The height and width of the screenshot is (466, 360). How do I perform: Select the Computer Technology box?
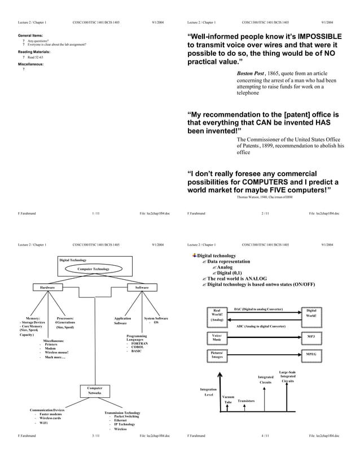point(94,269)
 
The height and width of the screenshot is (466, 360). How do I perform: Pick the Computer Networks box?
point(94,390)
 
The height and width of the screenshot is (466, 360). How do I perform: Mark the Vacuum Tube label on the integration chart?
point(229,399)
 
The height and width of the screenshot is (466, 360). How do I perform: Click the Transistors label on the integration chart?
point(247,401)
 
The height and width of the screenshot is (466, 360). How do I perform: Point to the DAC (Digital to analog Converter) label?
point(258,310)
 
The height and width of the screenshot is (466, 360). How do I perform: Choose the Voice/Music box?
point(217,338)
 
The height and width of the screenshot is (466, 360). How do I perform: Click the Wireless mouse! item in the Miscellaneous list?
point(57,353)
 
